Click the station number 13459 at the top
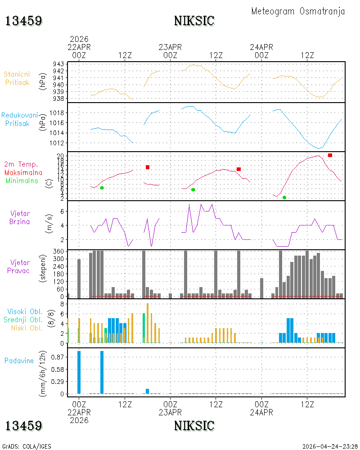[x=24, y=21]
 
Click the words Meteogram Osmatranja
[x=298, y=12]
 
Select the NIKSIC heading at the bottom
[x=194, y=426]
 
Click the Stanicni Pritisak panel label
[x=17, y=78]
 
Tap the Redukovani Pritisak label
[x=19, y=119]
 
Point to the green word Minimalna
[x=22, y=181]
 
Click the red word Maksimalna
[x=23, y=172]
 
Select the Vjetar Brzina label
[x=19, y=217]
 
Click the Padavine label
[x=19, y=361]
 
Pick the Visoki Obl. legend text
[x=25, y=311]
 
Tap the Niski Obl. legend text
[x=27, y=328]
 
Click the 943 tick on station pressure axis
[x=58, y=64]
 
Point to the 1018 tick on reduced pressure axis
[x=57, y=113]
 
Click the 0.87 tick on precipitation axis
[x=58, y=357]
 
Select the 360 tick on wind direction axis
[x=58, y=252]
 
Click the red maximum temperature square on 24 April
[x=330, y=155]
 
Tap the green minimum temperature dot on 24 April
[x=284, y=198]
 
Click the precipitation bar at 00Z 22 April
[x=79, y=372]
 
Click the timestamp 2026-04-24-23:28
[x=330, y=446]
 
